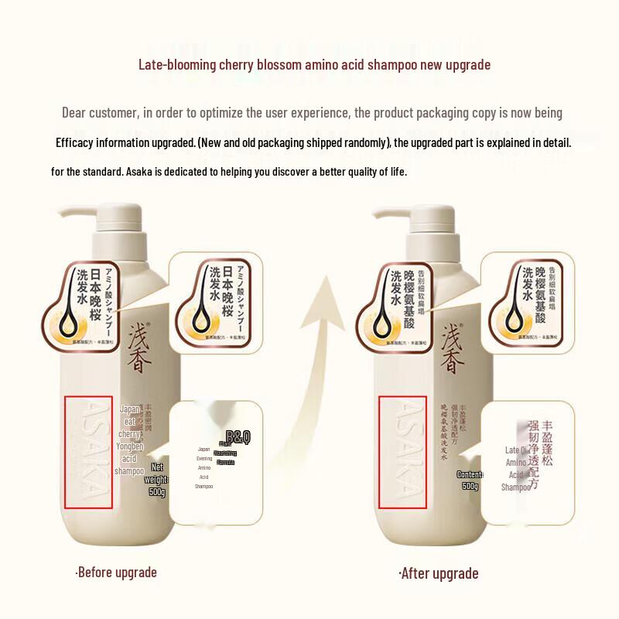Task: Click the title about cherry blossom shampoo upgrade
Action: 314,64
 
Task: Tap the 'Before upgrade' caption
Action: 116,573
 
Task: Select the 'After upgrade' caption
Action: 439,573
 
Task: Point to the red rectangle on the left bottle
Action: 88,453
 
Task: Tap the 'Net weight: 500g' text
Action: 157,480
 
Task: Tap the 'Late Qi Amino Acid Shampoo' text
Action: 516,468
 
